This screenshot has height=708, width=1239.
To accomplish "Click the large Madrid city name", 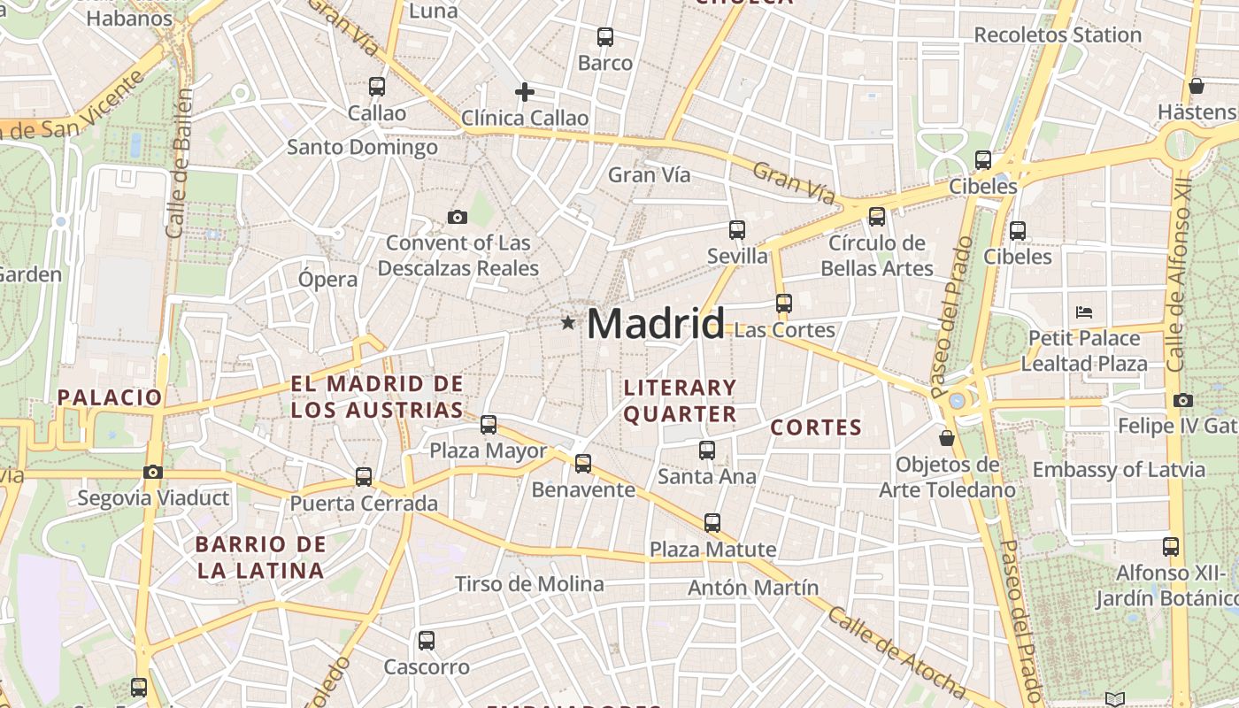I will click(656, 324).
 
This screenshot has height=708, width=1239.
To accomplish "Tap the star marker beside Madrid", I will click(568, 323).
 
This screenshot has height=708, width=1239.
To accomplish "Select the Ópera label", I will click(327, 280).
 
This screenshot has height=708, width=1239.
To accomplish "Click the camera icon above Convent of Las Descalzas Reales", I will click(458, 217).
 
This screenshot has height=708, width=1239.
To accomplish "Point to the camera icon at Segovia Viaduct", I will click(153, 472).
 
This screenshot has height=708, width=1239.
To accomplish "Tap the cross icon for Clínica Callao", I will click(525, 91).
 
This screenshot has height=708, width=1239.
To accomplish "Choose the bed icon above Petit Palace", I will click(1084, 312).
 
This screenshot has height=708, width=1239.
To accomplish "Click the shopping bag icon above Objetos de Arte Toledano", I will click(947, 438).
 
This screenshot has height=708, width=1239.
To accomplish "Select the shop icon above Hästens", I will click(1197, 86).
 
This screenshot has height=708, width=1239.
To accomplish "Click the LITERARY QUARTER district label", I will click(680, 401).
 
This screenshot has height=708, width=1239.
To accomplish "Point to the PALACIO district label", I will click(111, 397).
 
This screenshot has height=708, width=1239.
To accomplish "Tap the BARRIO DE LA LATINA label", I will click(261, 558).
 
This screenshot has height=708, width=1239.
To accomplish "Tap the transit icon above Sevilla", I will click(737, 230).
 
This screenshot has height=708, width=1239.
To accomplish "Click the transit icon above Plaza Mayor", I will click(489, 425).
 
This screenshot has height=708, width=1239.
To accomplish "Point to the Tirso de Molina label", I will click(529, 584).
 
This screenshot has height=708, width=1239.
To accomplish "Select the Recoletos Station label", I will click(1058, 35).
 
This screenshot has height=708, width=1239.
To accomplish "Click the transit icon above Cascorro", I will click(427, 641).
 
